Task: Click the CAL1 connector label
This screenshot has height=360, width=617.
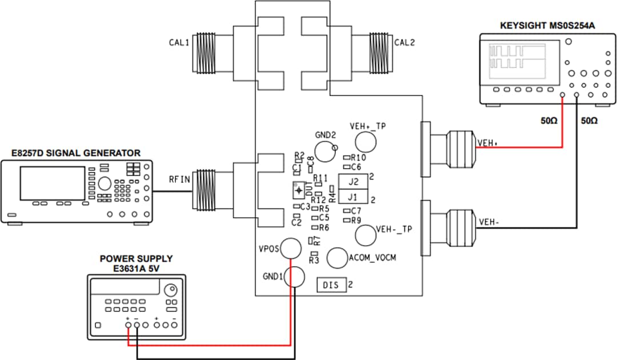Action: pyautogui.click(x=179, y=42)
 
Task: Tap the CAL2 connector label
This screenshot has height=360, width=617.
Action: pyautogui.click(x=404, y=42)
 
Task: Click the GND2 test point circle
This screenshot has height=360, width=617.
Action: pyautogui.click(x=325, y=151)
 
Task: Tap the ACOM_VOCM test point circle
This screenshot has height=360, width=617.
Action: pyautogui.click(x=337, y=258)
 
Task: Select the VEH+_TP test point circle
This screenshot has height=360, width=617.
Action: pyautogui.click(x=366, y=142)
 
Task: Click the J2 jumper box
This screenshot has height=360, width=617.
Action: pyautogui.click(x=352, y=182)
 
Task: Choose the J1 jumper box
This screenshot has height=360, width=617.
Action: pyautogui.click(x=352, y=197)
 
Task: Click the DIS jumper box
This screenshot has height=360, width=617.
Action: pyautogui.click(x=331, y=285)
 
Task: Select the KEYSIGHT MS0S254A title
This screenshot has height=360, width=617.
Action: pyautogui.click(x=542, y=26)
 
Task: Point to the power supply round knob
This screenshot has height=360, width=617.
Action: pyautogui.click(x=170, y=290)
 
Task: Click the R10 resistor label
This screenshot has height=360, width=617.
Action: pyautogui.click(x=358, y=157)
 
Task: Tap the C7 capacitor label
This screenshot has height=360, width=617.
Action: pyautogui.click(x=356, y=211)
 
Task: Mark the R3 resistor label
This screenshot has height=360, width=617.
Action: pyautogui.click(x=313, y=260)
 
